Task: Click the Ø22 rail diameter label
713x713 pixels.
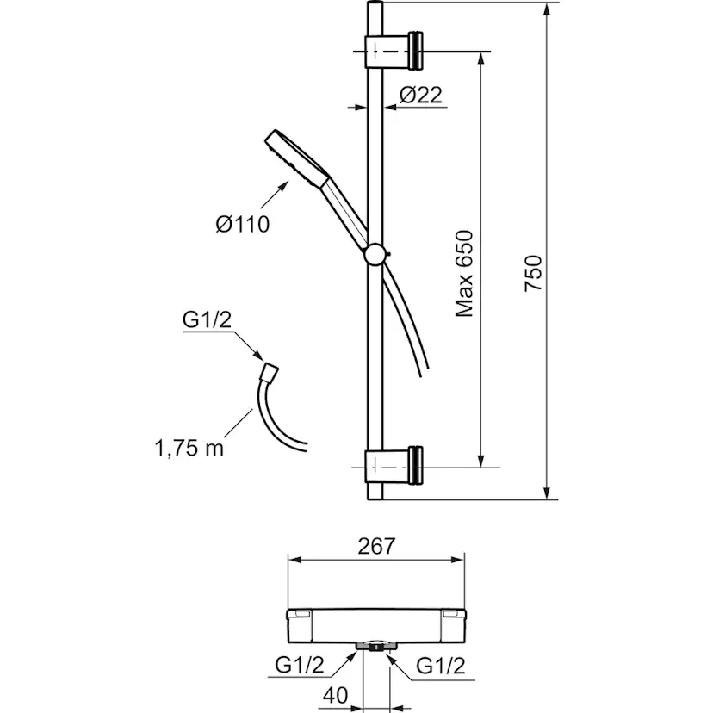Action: [420, 96]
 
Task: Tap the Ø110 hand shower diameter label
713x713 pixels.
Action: [242, 224]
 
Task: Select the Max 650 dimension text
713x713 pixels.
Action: [464, 274]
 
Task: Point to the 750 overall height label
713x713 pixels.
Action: [533, 273]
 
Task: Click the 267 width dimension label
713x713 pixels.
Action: [376, 547]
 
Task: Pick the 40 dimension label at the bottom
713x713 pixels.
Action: [336, 695]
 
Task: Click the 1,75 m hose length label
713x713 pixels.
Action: [189, 449]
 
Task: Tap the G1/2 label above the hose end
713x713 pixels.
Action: [207, 319]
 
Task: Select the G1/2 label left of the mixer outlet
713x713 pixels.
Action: [300, 666]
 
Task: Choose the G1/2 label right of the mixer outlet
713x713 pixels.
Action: [441, 666]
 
